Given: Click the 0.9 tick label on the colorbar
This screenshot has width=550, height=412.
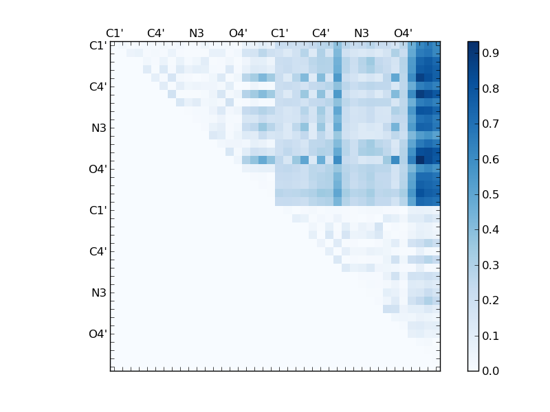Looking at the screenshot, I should pyautogui.click(x=490, y=53).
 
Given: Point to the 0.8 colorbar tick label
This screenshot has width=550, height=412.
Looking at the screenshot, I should pyautogui.click(x=490, y=89).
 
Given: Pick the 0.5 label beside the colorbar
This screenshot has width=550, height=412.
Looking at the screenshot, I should pyautogui.click(x=490, y=194).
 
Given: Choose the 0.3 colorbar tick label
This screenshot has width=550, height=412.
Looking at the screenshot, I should pyautogui.click(x=490, y=265).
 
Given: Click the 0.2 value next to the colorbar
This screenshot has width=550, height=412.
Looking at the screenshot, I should pyautogui.click(x=490, y=301).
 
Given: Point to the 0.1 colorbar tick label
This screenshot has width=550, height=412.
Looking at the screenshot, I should pyautogui.click(x=490, y=336).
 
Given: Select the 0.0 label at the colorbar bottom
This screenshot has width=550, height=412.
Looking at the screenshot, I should pyautogui.click(x=490, y=371).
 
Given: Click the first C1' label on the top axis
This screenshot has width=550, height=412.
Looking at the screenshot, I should pyautogui.click(x=114, y=33).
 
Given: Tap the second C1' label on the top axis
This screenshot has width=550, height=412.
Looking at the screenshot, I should pyautogui.click(x=279, y=33).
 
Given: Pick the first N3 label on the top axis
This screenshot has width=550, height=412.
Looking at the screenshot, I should pyautogui.click(x=197, y=33).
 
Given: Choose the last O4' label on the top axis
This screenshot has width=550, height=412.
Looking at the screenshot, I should pyautogui.click(x=403, y=33).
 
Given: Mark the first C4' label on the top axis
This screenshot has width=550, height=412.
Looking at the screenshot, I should pyautogui.click(x=155, y=33).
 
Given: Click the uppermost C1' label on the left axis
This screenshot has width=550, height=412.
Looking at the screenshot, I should pyautogui.click(x=98, y=46).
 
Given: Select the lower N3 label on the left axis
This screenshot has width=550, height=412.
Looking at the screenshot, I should pyautogui.click(x=99, y=293).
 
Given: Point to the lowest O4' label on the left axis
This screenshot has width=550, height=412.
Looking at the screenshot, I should pyautogui.click(x=98, y=334).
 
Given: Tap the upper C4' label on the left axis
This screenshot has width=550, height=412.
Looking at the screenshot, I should pyautogui.click(x=98, y=87).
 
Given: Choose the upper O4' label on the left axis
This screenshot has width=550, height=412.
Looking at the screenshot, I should pyautogui.click(x=98, y=170).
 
